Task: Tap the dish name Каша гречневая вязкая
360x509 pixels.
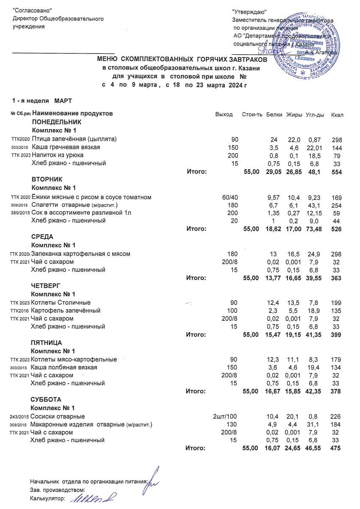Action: click(66, 147)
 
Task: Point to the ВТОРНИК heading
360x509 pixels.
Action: click(47, 180)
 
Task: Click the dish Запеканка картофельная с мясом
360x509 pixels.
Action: click(81, 254)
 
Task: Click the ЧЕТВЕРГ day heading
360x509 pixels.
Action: click(45, 286)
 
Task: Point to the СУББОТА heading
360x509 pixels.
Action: click(46, 400)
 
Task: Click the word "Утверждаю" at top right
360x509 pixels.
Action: click(249, 11)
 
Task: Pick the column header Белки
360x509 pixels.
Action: click(274, 115)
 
